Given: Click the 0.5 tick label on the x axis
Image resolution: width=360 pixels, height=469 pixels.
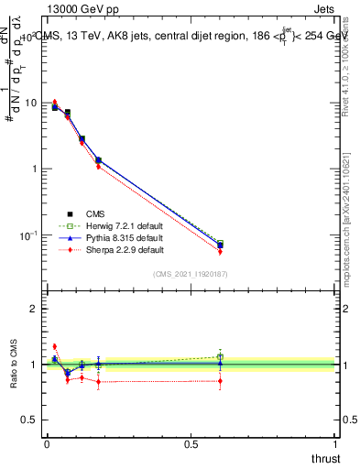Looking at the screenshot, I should tap(191, 444).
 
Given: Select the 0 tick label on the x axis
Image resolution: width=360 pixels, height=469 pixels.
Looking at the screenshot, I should tap(46, 444).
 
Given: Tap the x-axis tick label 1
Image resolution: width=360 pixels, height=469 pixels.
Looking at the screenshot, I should tap(335, 444).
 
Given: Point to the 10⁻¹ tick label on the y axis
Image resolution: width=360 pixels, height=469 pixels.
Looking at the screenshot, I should tap(29, 235).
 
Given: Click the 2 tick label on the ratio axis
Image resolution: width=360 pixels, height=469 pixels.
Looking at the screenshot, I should tap(35, 309).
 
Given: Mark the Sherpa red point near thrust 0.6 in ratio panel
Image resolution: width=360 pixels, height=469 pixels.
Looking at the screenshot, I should tap(220, 380).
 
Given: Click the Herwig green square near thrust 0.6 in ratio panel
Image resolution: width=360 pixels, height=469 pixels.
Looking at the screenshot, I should tap(220, 356).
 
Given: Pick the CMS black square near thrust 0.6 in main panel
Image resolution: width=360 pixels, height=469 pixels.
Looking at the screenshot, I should tap(220, 245).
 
